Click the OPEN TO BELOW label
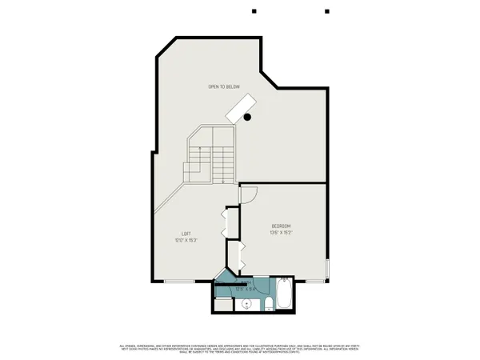tap(224, 86)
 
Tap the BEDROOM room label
tap(281, 226)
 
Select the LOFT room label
tap(185, 233)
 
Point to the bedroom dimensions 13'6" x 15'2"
tap(281, 233)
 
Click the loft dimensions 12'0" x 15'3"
tap(185, 239)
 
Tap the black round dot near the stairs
tap(248, 118)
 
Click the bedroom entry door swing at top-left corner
tap(247, 194)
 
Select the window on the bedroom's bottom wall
tap(312, 280)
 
